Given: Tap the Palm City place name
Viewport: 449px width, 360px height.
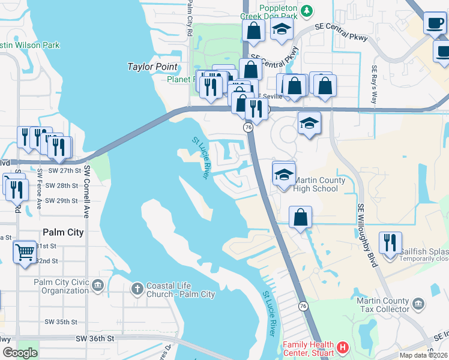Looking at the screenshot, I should point(62,232).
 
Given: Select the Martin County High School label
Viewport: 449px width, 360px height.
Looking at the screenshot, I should point(319,185).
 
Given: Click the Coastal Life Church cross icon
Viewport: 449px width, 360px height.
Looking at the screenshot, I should point(137,289).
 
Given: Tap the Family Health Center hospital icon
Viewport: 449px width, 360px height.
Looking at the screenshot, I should point(342,347).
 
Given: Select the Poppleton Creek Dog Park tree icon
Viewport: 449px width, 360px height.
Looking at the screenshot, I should point(307,11).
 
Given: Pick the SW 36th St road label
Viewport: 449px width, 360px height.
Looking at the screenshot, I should point(95,339).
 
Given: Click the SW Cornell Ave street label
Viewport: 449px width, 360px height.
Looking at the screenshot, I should point(86,191).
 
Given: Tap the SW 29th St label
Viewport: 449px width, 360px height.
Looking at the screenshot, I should point(63,200).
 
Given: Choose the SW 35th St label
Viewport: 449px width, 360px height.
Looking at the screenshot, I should point(62,322).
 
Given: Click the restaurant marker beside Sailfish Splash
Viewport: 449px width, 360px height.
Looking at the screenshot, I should point(390,244).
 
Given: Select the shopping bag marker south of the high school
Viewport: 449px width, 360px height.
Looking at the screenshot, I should point(300,217).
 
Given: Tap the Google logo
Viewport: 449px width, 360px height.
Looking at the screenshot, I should point(20,353).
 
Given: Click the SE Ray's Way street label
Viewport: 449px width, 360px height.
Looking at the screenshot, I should point(375,83).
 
